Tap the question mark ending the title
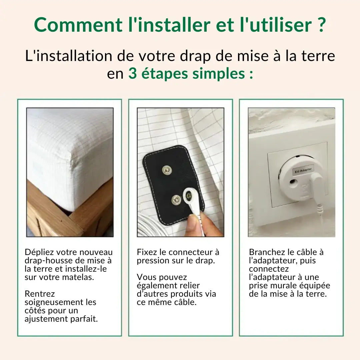click(321, 25)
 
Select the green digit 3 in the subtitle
click(133, 73)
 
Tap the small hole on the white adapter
click(294, 182)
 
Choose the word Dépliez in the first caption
click(38, 253)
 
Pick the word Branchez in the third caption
click(265, 253)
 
